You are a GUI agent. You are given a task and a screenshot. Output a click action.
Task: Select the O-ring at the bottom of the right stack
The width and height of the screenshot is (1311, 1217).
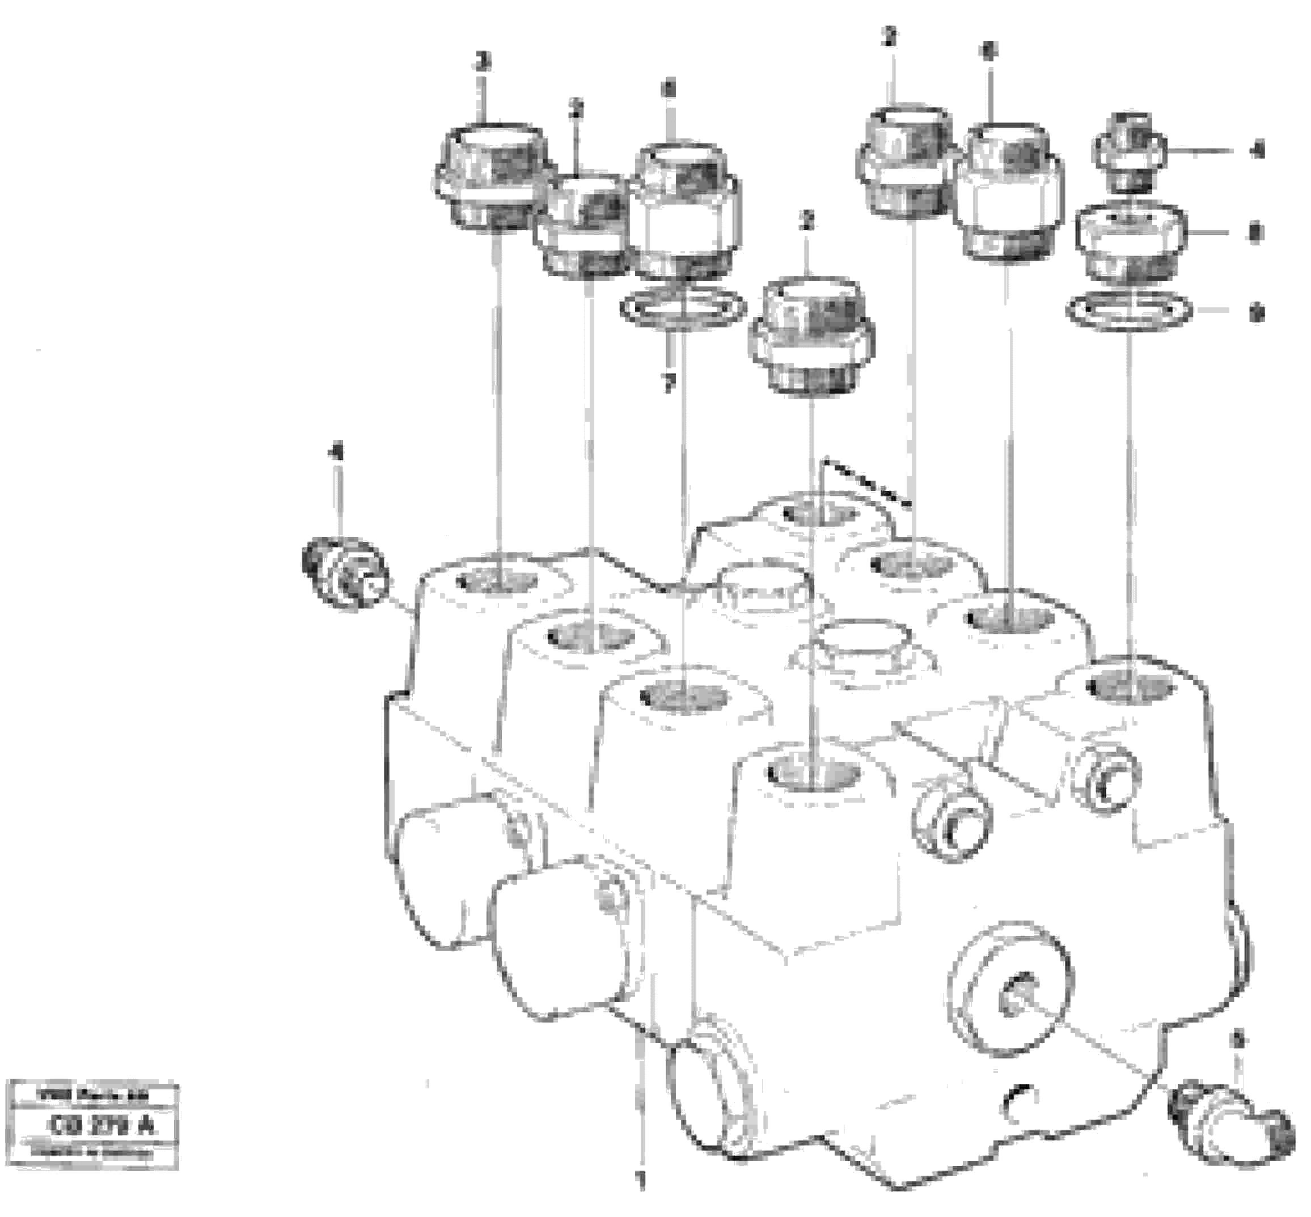pyautogui.click(x=1129, y=310)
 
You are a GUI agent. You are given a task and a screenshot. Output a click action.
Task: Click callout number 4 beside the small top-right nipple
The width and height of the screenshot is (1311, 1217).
pyautogui.click(x=1257, y=151)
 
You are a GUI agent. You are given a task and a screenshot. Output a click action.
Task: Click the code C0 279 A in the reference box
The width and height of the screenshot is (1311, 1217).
pyautogui.click(x=101, y=1126)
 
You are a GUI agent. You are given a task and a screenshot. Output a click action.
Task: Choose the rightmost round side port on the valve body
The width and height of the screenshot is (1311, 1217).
pyautogui.click(x=1105, y=776)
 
